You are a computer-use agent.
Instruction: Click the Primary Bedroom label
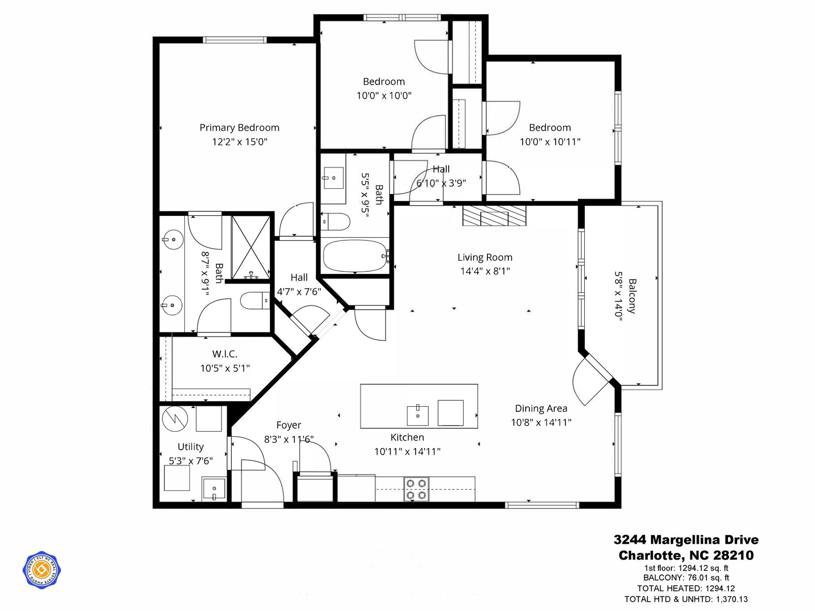(x=239, y=128)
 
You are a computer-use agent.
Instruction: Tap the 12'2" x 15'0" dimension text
(x=239, y=142)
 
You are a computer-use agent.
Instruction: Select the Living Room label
(x=485, y=257)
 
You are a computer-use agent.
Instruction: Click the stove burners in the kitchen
(x=416, y=489)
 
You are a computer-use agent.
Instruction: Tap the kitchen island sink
(x=418, y=415)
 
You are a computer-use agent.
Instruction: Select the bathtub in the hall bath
(x=355, y=256)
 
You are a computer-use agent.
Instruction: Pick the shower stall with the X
(x=251, y=247)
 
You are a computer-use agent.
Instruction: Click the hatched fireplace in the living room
(x=494, y=215)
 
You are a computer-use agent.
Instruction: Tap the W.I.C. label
(x=225, y=354)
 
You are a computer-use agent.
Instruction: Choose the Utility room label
(x=191, y=447)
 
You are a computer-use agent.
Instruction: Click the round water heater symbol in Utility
(x=175, y=419)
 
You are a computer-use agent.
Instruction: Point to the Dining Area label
(x=541, y=408)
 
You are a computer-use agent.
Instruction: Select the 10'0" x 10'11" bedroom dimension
(x=550, y=142)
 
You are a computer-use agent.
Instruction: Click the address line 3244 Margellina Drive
(x=686, y=539)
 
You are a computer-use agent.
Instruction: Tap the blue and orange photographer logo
(x=42, y=570)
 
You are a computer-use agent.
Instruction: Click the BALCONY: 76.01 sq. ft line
(x=686, y=577)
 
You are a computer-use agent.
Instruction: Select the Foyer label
(x=288, y=425)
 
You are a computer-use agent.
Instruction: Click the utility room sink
(x=214, y=489)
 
